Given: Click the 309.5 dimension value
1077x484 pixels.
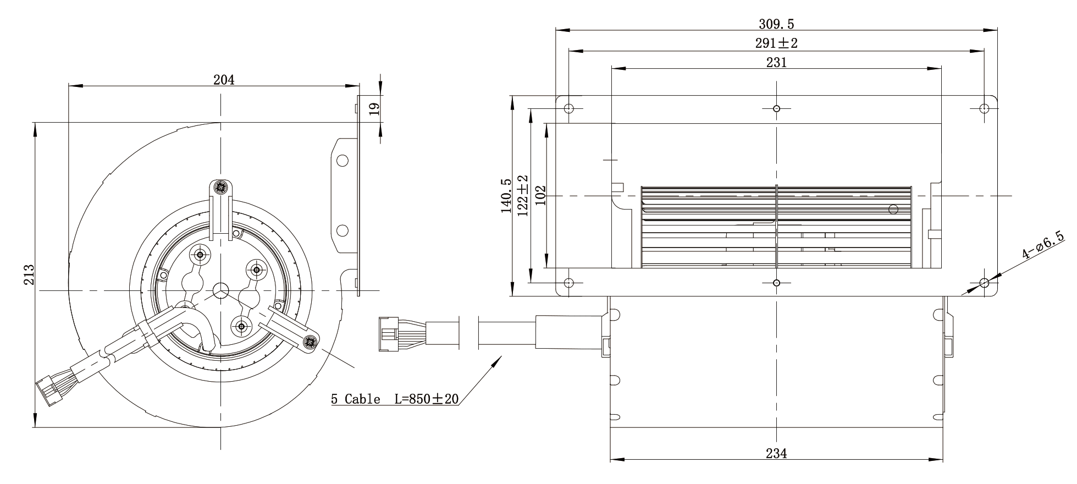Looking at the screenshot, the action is pyautogui.click(x=776, y=24).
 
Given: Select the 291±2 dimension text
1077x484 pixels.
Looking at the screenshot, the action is pyautogui.click(x=776, y=43).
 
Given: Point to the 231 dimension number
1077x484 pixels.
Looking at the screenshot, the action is pyautogui.click(x=776, y=62).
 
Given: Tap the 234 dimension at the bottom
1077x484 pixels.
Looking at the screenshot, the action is pyautogui.click(x=776, y=453).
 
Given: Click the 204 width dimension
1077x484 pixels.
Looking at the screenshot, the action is pyautogui.click(x=224, y=80).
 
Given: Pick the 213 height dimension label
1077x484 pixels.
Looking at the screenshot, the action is pyautogui.click(x=29, y=275).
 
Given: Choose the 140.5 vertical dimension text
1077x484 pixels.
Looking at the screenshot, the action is pyautogui.click(x=506, y=196).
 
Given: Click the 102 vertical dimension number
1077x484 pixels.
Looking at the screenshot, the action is pyautogui.click(x=540, y=196).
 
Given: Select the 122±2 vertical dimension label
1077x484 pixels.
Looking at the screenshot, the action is pyautogui.click(x=522, y=196).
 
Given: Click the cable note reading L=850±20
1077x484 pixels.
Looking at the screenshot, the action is pyautogui.click(x=427, y=399).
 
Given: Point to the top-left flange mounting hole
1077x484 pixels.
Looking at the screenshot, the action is pyautogui.click(x=570, y=108).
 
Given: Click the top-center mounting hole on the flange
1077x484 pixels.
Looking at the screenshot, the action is pyautogui.click(x=776, y=108).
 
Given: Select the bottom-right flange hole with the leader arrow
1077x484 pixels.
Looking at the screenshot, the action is pyautogui.click(x=984, y=283).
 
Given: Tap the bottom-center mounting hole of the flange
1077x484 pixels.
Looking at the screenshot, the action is pyautogui.click(x=776, y=283).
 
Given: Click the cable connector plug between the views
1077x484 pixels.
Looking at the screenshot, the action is pyautogui.click(x=389, y=333).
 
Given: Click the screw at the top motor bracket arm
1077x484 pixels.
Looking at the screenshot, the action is pyautogui.click(x=221, y=188).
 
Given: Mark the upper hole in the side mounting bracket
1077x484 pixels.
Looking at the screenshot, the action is pyautogui.click(x=343, y=161).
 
